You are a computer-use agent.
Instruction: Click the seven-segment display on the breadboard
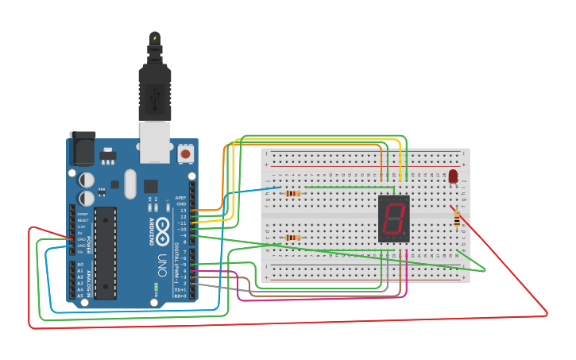[394, 219]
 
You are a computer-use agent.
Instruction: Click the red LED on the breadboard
[453, 176]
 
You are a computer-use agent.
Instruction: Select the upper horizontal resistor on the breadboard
[293, 193]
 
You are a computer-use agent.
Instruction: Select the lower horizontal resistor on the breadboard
[293, 238]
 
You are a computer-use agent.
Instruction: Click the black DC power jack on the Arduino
[82, 149]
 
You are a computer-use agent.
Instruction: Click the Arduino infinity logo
[164, 228]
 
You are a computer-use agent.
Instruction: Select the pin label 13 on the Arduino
[183, 211]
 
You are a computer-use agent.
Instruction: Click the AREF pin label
[180, 198]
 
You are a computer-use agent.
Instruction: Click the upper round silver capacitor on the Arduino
[86, 180]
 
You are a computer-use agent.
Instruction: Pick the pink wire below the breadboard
[318, 300]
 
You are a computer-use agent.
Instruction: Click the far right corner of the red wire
[547, 314]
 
